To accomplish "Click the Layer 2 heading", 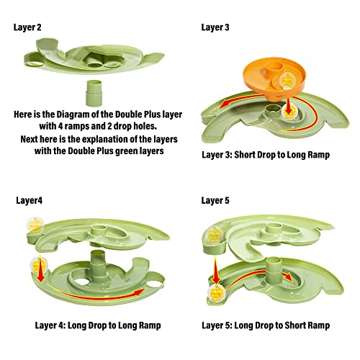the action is coord(27,27).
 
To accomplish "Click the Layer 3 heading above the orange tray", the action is coord(215,27).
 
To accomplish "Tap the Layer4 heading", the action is coord(30,200).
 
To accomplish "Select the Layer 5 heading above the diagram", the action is coord(215,200).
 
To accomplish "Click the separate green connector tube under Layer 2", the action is coord(94,93).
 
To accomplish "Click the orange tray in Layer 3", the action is coord(274,78).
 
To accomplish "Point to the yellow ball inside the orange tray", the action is coord(287,81).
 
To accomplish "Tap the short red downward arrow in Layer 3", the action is coord(289,106).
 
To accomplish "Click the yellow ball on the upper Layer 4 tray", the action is coord(35,225).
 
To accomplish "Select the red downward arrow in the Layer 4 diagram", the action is coord(41,269).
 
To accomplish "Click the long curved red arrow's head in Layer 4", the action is coord(140,292).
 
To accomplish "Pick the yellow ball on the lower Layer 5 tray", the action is coord(216,293).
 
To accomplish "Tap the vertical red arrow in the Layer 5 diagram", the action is coord(216,270).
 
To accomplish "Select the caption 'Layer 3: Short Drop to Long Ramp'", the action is coord(266,155).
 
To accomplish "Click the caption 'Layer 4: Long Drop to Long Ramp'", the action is coord(98,325).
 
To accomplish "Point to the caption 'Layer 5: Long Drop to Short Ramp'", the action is coord(266,325).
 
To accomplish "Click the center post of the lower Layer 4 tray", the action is coord(98,263).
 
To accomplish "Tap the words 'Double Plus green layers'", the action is coord(116,151).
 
